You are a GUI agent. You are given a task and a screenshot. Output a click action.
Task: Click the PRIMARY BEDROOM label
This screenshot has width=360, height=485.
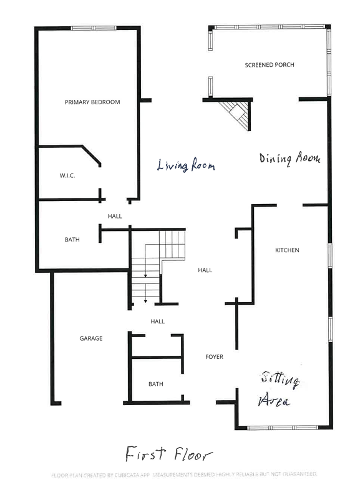pyautogui.click(x=92, y=102)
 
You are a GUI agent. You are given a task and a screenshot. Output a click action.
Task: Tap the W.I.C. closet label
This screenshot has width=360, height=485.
pyautogui.click(x=67, y=176)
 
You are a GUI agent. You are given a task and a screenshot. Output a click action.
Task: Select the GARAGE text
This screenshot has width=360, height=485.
pyautogui.click(x=90, y=338)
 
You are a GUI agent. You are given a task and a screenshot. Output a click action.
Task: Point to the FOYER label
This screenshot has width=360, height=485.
pyautogui.click(x=214, y=357)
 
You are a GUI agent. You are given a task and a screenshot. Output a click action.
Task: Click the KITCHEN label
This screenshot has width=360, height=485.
pyautogui.click(x=287, y=250)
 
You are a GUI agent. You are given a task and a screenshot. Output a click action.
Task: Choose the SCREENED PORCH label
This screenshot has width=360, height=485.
pyautogui.click(x=269, y=65)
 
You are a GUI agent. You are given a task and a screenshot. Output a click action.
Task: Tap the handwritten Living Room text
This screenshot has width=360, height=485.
pyautogui.click(x=185, y=166)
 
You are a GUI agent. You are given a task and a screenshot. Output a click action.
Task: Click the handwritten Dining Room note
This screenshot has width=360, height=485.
pyautogui.click(x=289, y=159)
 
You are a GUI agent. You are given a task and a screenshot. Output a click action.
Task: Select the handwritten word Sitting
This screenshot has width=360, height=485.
pyautogui.click(x=280, y=379)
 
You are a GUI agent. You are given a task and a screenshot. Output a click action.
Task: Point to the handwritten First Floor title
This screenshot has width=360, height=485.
pyautogui.click(x=168, y=453)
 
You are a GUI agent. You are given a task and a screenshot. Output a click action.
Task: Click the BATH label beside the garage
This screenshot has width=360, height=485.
pyautogui.click(x=155, y=384)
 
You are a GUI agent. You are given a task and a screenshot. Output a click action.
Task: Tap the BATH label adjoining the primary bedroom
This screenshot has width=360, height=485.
pyautogui.click(x=72, y=239)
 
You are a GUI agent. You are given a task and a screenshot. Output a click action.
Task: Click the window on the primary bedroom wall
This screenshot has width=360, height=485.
pyautogui.click(x=94, y=28)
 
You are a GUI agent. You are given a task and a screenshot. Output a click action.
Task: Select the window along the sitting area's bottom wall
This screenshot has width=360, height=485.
pyautogui.click(x=285, y=428)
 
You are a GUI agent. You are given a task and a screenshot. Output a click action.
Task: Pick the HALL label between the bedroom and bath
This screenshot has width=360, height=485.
pyautogui.click(x=115, y=217)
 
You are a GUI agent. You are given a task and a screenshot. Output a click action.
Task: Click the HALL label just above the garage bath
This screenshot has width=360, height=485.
pyautogui.click(x=157, y=321)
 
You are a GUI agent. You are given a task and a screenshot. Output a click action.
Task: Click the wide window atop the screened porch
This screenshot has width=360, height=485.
pyautogui.click(x=269, y=27)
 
